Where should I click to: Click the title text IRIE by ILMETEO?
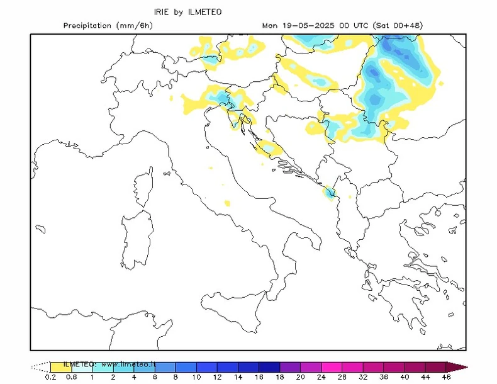click(x=187, y=11)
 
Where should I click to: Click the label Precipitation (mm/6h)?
click(x=108, y=26)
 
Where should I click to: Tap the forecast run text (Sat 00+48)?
click(x=398, y=26)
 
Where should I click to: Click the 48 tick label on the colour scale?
click(x=446, y=378)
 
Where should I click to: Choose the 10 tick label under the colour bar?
click(x=197, y=378)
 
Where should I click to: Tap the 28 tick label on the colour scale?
click(x=342, y=378)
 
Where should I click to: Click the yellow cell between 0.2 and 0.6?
click(x=60, y=366)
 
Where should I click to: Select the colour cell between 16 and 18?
click(x=269, y=366)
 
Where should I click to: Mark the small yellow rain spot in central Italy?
click(x=228, y=203)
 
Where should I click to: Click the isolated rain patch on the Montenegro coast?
click(x=328, y=193)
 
